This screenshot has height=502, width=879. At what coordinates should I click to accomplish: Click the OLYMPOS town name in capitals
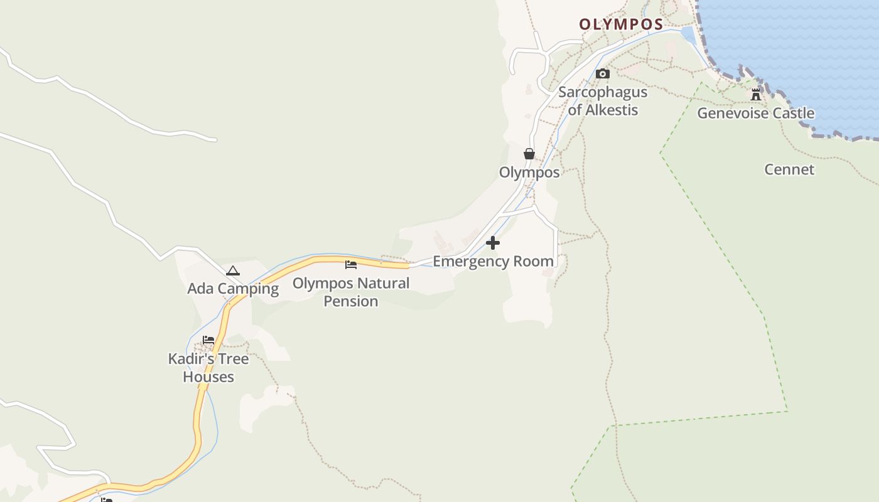point(621,24)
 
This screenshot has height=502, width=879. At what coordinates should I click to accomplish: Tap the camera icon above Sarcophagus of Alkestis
point(603,73)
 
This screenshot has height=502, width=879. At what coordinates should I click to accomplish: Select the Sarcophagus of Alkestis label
point(603,101)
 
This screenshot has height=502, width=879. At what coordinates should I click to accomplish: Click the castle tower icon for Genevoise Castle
point(756,95)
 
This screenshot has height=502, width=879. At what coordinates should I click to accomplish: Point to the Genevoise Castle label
point(756,114)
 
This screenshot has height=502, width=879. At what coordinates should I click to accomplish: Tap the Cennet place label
point(789,169)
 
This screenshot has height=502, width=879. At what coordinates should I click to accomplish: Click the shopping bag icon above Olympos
point(529,154)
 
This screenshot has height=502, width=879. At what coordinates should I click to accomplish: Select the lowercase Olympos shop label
point(529,173)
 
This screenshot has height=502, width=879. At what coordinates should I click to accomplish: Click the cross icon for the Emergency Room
point(493,242)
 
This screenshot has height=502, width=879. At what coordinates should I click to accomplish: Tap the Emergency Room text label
point(493,261)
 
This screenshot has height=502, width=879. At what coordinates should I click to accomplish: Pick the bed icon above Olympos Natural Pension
point(351,264)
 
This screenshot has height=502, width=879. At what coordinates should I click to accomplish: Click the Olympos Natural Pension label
point(351,292)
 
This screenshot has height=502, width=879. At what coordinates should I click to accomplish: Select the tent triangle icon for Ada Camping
point(233,270)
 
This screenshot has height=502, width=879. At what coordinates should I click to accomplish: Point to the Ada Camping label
point(233,289)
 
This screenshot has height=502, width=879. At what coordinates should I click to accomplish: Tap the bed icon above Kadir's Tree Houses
point(208,340)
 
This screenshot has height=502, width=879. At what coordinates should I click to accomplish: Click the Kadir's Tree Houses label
point(208,368)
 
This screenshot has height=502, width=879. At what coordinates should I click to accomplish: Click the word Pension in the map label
point(351,301)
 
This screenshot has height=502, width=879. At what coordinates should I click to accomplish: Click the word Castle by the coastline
point(794,114)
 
